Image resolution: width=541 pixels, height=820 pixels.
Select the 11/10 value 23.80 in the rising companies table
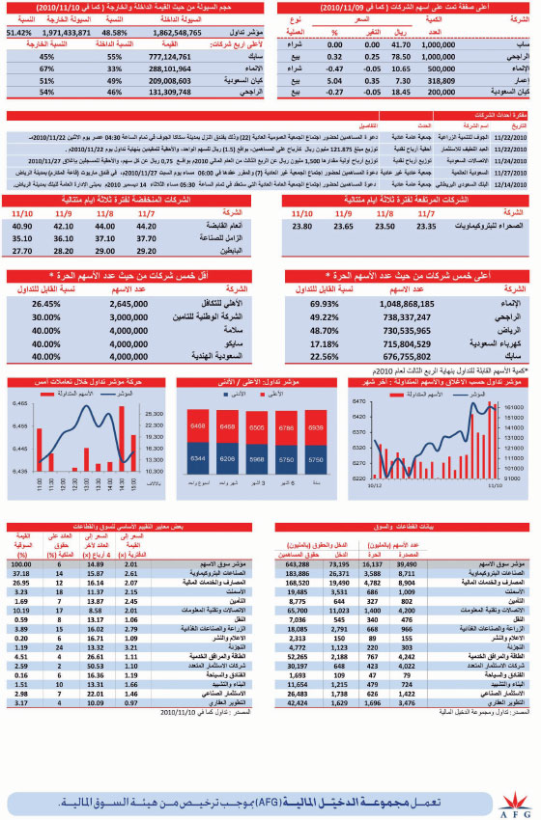(301, 226)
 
